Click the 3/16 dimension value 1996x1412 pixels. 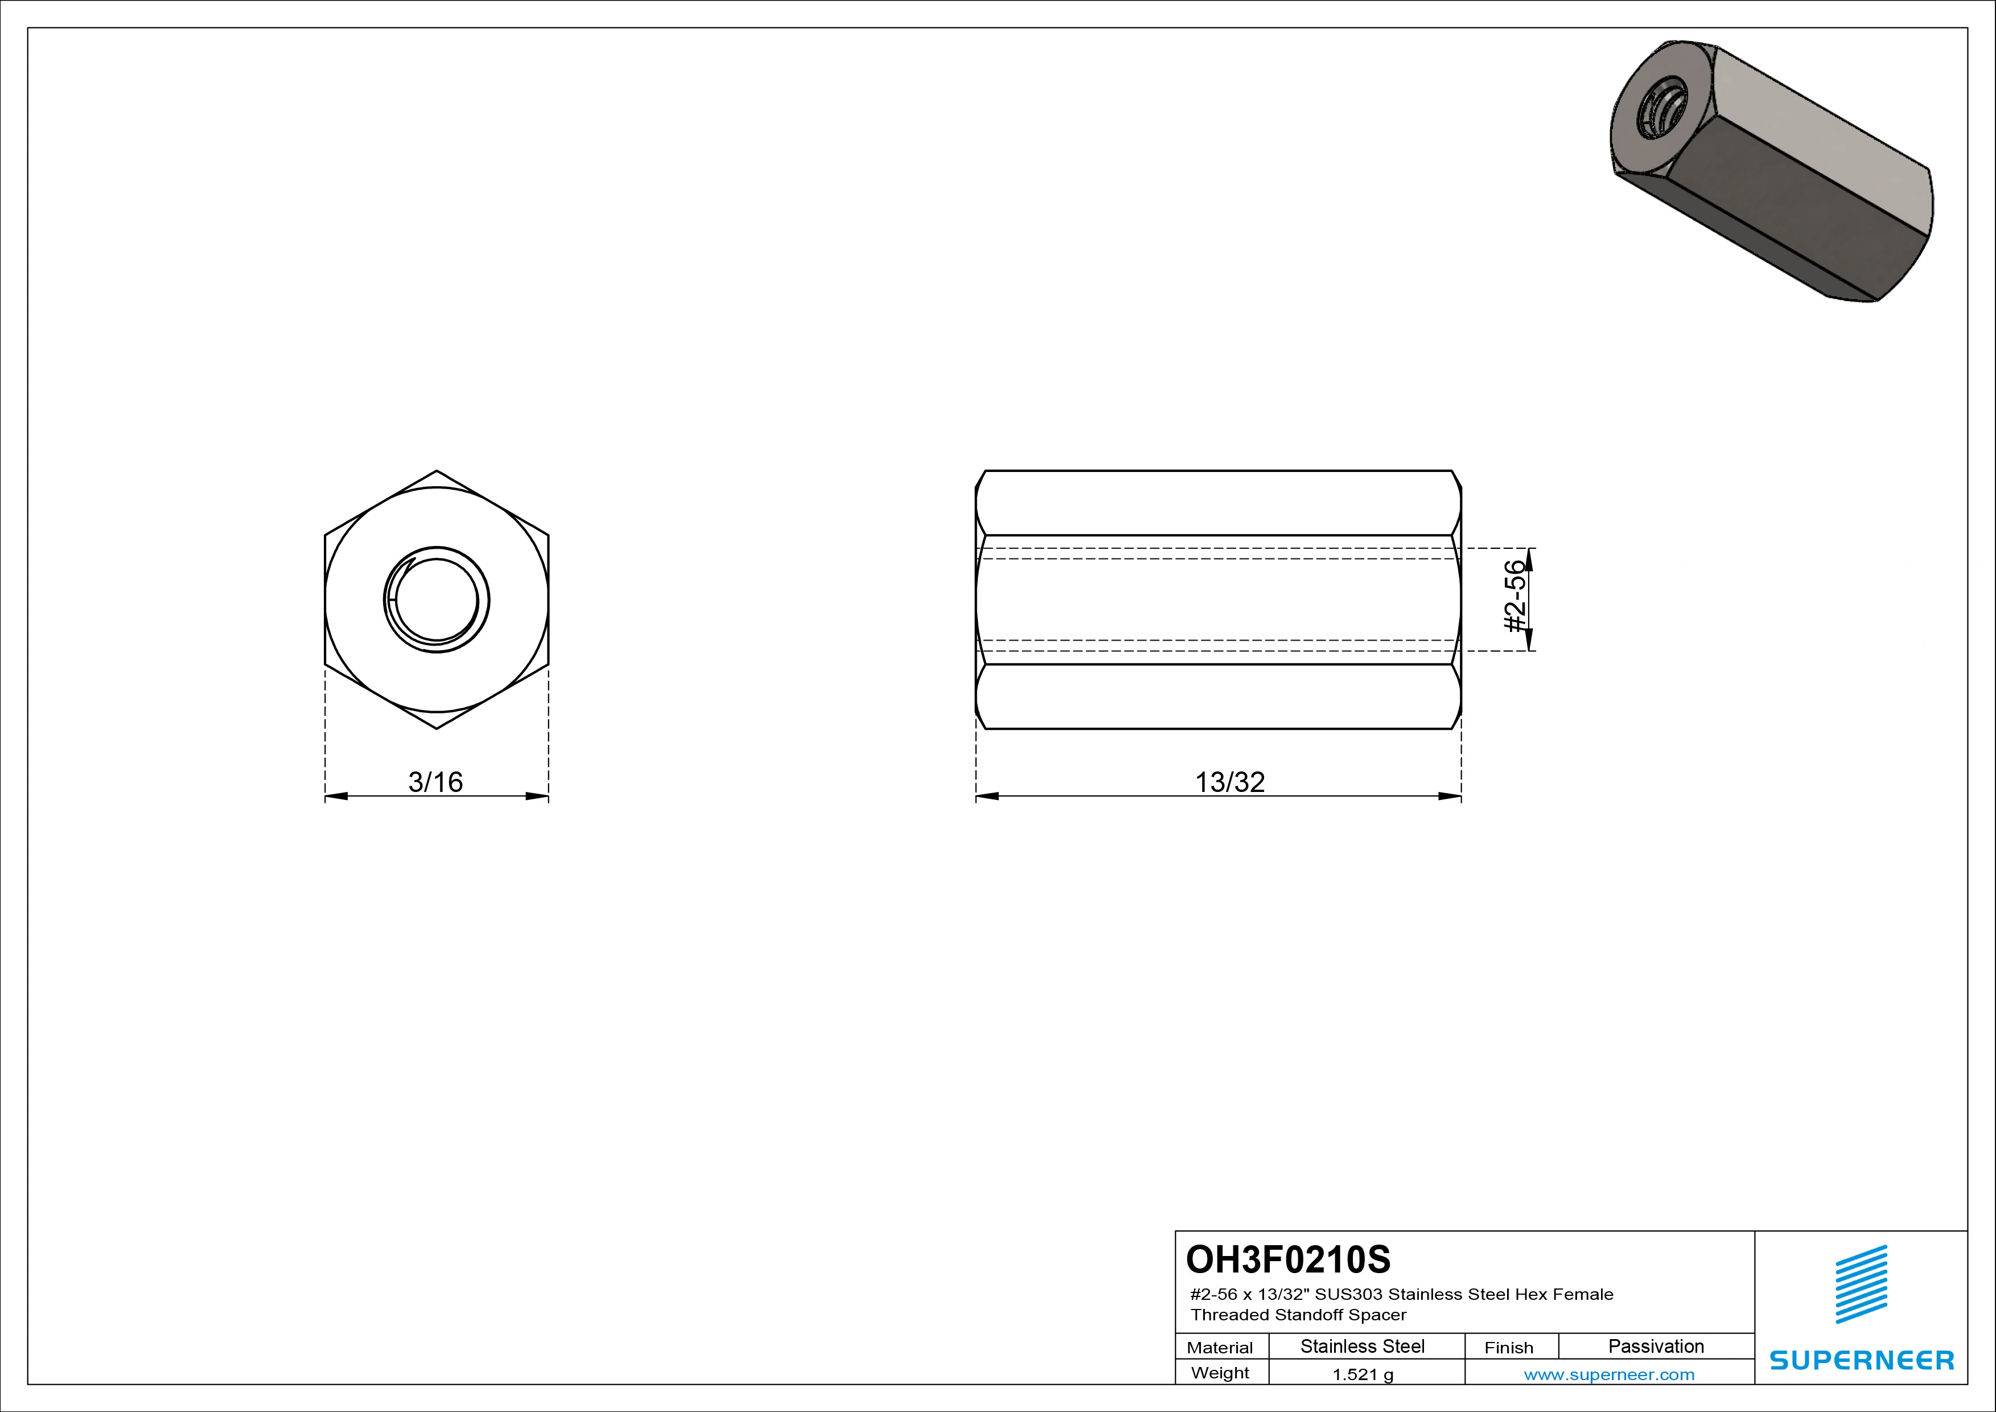(x=435, y=782)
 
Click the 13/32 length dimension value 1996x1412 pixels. (x=1229, y=782)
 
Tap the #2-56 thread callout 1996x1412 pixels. (x=1515, y=597)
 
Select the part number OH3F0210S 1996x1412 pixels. (x=1289, y=1259)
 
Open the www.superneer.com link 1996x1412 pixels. (x=1609, y=1374)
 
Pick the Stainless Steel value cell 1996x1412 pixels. (x=1362, y=1346)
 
